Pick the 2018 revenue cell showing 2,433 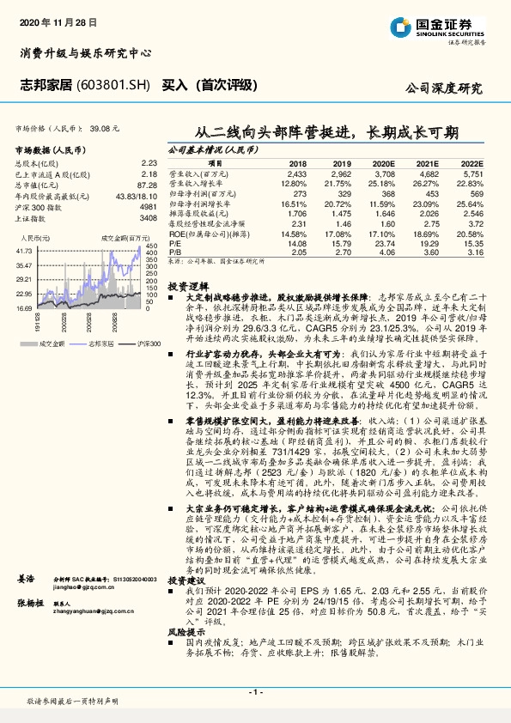(x=297, y=173)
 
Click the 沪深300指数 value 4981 (x=148, y=206)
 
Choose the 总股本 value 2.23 (x=149, y=161)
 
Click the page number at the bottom (x=255, y=691)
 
